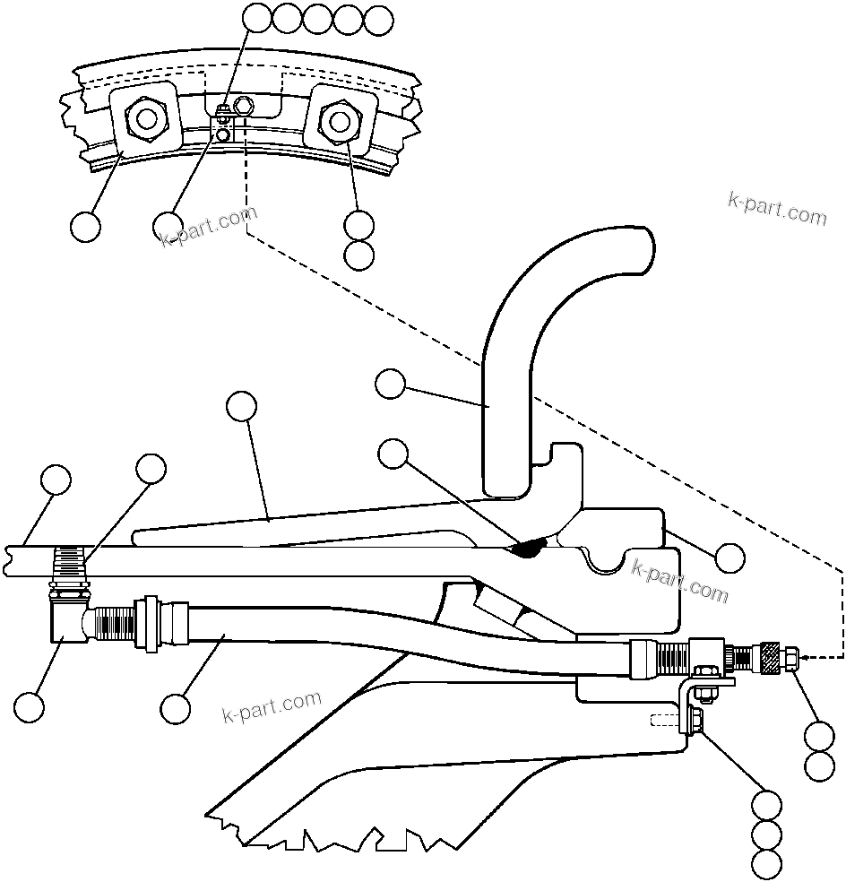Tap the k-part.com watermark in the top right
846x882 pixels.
(x=776, y=209)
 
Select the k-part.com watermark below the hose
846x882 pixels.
(x=271, y=707)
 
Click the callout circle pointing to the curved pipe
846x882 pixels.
(x=390, y=385)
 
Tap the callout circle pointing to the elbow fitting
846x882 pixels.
(x=30, y=705)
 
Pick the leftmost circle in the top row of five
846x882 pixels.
(x=259, y=18)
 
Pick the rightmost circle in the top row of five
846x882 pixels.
(x=379, y=20)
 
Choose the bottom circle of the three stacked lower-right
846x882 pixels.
(x=766, y=865)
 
